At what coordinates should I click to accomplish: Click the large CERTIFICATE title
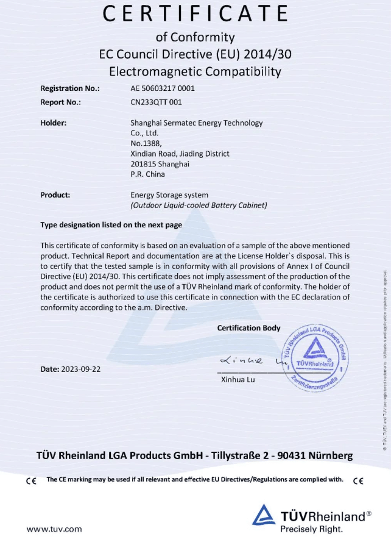pyautogui.click(x=195, y=14)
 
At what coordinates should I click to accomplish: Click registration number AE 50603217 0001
pyautogui.click(x=163, y=88)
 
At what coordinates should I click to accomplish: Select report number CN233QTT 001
pyautogui.click(x=156, y=102)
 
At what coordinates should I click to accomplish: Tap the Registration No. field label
pyautogui.click(x=70, y=88)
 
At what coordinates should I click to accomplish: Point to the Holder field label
pyautogui.click(x=54, y=123)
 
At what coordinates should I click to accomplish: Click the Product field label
pyautogui.click(x=55, y=195)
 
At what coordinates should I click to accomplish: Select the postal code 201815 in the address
pyautogui.click(x=143, y=164)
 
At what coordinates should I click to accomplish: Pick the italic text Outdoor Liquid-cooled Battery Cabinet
pyautogui.click(x=199, y=205)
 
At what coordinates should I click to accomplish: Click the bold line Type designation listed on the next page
pyautogui.click(x=111, y=225)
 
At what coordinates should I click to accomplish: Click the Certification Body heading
pyautogui.click(x=248, y=328)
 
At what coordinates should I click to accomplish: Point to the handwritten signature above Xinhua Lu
pyautogui.click(x=244, y=362)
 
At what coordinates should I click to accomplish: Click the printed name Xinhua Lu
pyautogui.click(x=234, y=380)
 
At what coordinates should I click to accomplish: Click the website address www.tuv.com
pyautogui.click(x=54, y=529)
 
